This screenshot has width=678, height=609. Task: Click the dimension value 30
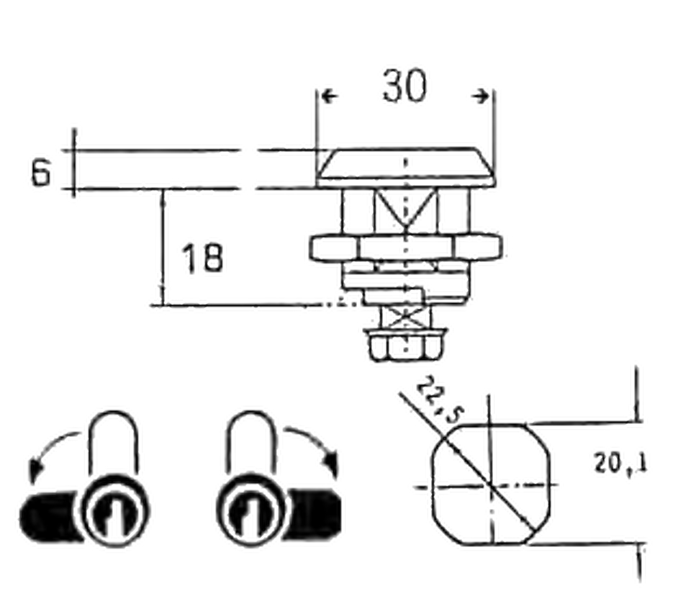[x=404, y=87]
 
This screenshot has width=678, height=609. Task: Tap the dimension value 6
[x=42, y=172]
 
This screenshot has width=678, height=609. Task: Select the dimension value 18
[x=202, y=258]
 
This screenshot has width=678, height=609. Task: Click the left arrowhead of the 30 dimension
[x=327, y=96]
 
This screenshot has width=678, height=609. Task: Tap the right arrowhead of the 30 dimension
[x=484, y=96]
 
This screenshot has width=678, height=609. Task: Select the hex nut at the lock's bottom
[x=404, y=346]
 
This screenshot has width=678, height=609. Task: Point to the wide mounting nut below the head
[x=405, y=248]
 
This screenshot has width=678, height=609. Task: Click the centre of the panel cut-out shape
[x=489, y=486]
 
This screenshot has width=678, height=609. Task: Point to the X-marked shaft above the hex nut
[x=404, y=316]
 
